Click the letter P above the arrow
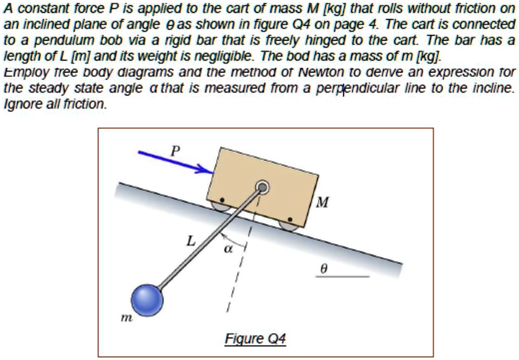click(173, 150)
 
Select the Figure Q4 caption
click(255, 339)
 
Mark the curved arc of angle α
click(234, 239)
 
